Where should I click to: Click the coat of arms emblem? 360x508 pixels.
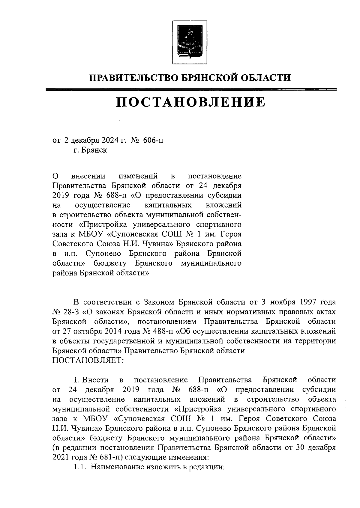(x=189, y=42)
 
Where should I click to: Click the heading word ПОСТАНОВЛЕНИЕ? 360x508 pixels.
(x=191, y=102)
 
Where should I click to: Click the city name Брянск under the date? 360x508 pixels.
(x=94, y=150)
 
